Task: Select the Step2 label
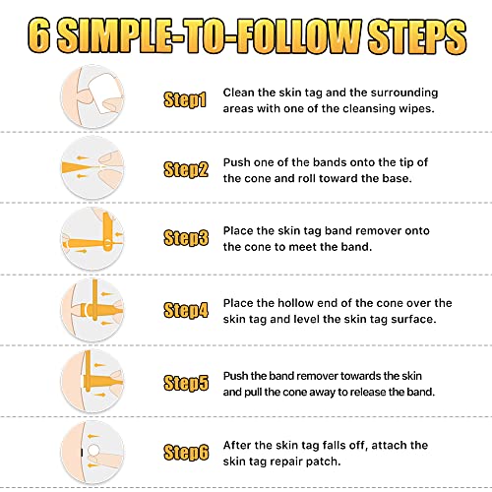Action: coord(185,168)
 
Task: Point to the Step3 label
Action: coord(185,237)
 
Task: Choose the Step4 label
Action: coord(185,309)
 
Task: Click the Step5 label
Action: coord(185,382)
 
